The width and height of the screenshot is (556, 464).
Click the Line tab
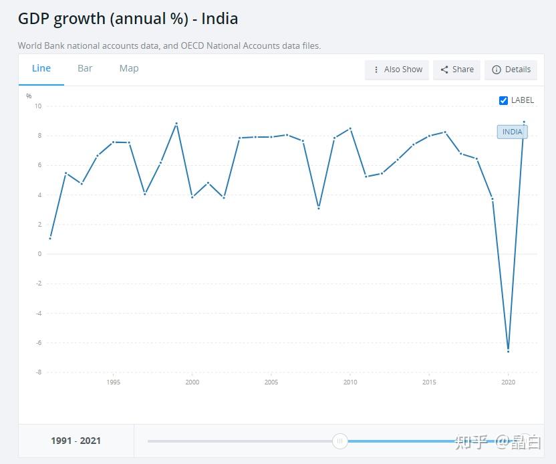(41, 68)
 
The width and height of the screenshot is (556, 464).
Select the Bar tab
(85, 68)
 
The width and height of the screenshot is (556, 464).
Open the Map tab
(129, 68)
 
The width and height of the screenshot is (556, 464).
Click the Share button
(457, 70)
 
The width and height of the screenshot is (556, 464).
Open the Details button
(511, 70)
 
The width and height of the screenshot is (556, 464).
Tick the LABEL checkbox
(503, 100)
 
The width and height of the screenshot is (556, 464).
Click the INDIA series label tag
(512, 132)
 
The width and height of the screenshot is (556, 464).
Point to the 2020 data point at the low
(509, 350)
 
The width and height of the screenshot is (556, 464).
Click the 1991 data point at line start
(50, 238)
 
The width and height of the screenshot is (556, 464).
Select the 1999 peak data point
(176, 124)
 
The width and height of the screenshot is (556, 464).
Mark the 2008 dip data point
(319, 208)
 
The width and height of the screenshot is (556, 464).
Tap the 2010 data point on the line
(350, 128)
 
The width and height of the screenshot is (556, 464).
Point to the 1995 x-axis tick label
(114, 382)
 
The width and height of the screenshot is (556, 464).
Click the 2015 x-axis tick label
(429, 382)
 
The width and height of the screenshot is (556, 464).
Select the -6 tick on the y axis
(38, 342)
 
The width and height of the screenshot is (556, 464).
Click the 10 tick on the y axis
(38, 106)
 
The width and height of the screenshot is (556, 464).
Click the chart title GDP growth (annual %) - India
(128, 19)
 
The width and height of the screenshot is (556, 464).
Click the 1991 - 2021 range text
(76, 441)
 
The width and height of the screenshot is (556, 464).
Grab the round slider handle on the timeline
(339, 441)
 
